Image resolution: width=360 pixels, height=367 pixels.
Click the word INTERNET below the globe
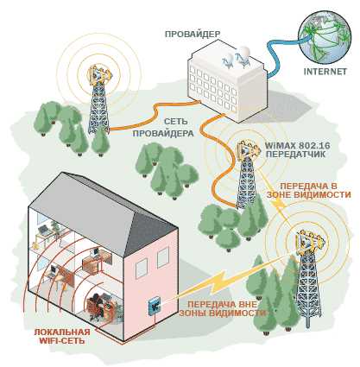325,72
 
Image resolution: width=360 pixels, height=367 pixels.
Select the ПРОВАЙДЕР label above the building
193,35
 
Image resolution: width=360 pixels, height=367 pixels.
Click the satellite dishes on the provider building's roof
236,57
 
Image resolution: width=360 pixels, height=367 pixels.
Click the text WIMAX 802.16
298,145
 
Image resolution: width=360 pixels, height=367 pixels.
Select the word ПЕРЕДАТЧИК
295,154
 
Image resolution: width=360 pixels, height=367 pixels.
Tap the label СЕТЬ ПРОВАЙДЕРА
164,127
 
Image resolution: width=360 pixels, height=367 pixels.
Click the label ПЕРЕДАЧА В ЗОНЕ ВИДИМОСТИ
308,190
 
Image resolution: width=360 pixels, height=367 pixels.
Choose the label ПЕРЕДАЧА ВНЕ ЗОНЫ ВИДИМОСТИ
222,308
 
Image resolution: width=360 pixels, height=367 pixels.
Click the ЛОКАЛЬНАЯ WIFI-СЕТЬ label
62,336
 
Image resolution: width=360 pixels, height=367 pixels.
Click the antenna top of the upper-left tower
100,75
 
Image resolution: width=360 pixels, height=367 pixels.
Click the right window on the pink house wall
163,258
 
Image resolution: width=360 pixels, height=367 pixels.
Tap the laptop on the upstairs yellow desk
44,230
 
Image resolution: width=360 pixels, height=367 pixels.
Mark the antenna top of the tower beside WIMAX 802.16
246,149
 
